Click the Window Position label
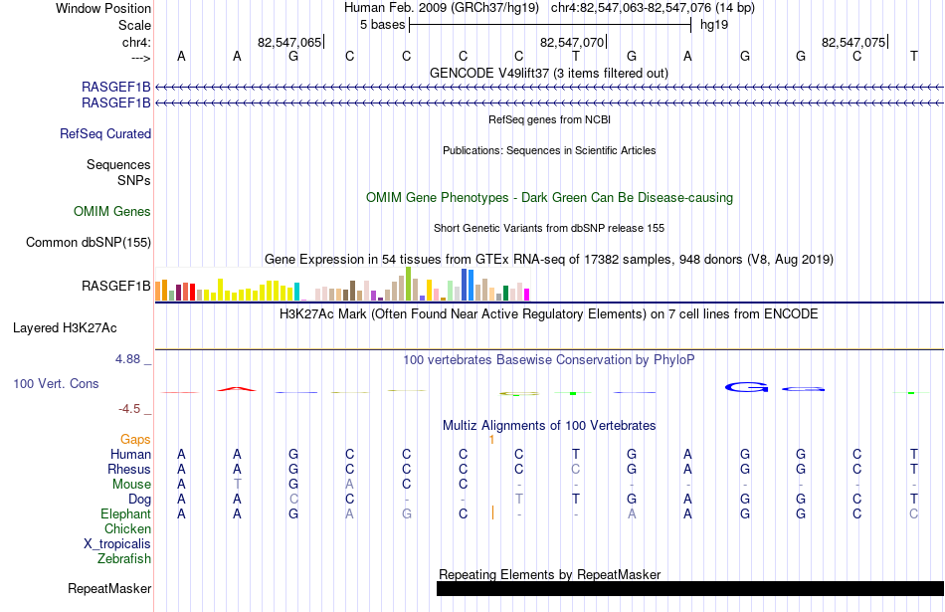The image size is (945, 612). tap(103, 8)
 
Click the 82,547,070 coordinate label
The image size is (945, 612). tap(571, 42)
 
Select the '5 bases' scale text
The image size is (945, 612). tap(383, 25)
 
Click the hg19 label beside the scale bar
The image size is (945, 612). tap(714, 25)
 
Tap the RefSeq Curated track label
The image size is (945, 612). tap(105, 134)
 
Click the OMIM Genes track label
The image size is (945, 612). tap(112, 211)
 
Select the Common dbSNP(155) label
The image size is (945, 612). tap(89, 243)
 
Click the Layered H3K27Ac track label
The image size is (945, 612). tap(65, 328)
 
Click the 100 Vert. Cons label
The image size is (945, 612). tap(56, 383)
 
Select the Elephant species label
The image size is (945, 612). tap(126, 513)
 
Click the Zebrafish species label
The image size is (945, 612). tap(124, 558)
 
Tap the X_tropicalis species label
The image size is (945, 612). tap(117, 544)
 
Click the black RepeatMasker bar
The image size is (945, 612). tap(690, 588)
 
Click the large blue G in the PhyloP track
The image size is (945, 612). tap(747, 387)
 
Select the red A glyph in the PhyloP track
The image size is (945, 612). tap(237, 389)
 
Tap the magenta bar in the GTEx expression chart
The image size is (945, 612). tap(527, 295)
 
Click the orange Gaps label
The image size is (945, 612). tap(135, 439)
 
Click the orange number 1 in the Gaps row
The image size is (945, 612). tap(491, 440)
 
